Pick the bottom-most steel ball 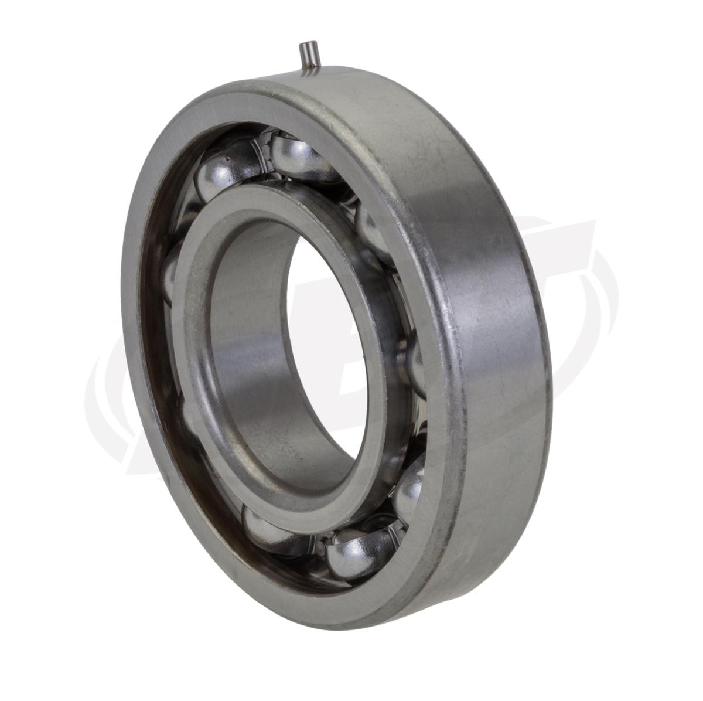coord(351,554)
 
